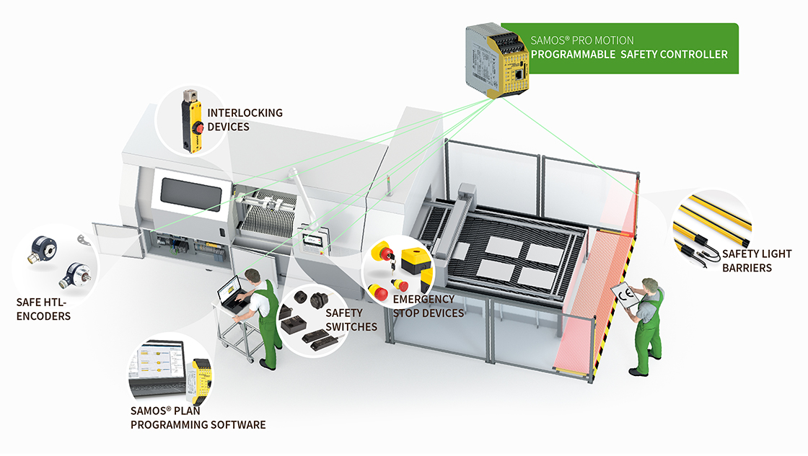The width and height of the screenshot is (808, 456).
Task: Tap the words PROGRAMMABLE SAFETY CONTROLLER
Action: (x=629, y=54)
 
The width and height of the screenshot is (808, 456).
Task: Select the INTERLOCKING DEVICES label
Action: (x=245, y=120)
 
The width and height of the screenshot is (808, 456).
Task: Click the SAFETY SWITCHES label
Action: (x=351, y=319)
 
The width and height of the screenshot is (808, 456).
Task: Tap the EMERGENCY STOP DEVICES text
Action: (x=428, y=305)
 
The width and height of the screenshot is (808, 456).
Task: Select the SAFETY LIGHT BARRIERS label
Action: (x=756, y=261)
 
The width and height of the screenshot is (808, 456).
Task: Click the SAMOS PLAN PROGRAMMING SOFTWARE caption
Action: (x=198, y=418)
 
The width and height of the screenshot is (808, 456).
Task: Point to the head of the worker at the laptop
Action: (x=252, y=276)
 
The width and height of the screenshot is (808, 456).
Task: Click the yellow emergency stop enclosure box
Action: (x=417, y=262)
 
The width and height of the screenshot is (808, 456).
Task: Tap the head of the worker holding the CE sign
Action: (x=652, y=285)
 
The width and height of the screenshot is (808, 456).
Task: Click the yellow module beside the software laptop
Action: (x=201, y=382)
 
